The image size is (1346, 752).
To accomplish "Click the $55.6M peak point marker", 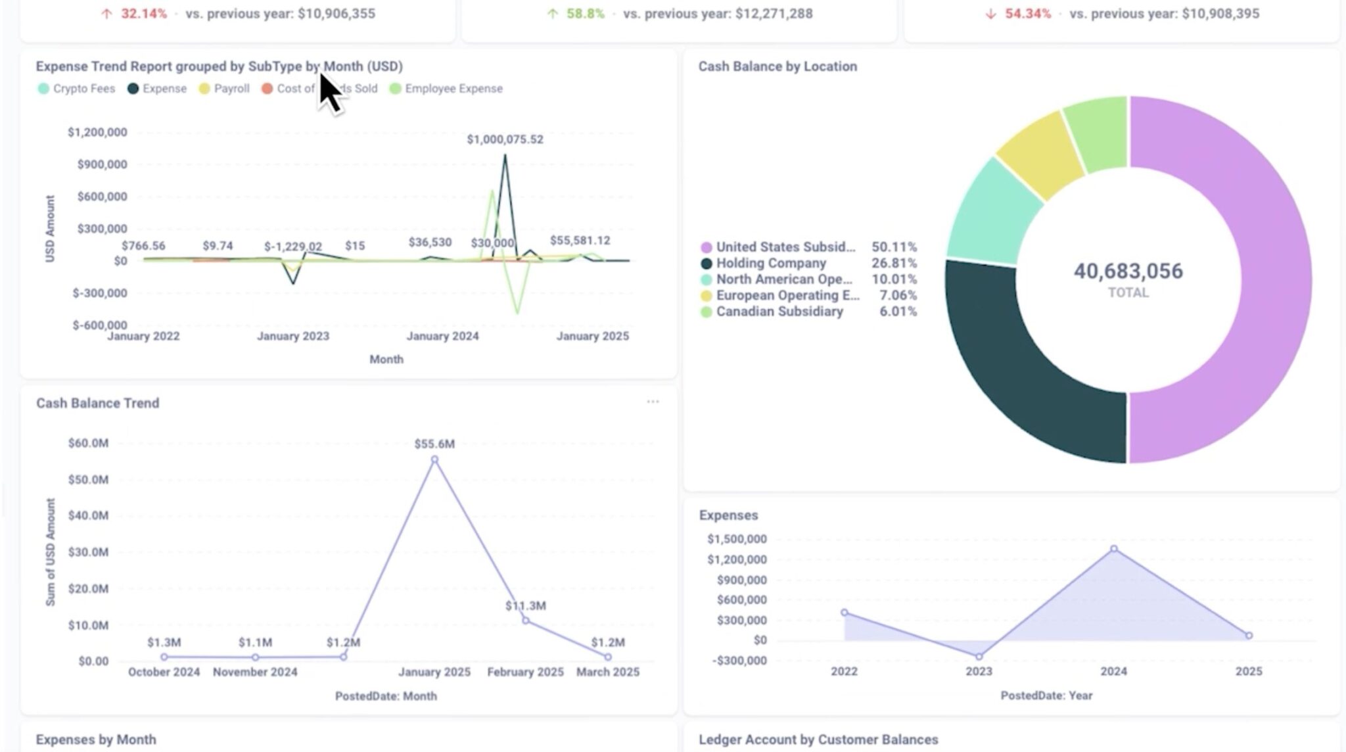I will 434,459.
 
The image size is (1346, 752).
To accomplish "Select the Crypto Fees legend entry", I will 77,89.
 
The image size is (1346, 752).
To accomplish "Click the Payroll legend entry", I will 224,89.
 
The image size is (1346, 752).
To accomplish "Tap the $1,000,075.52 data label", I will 505,139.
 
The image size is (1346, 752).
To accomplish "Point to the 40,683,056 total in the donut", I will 1128,271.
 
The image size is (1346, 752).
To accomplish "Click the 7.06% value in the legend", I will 898,295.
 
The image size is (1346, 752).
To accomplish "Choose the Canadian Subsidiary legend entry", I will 779,312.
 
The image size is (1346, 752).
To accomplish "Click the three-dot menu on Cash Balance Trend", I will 653,402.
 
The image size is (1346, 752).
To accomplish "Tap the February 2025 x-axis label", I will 525,672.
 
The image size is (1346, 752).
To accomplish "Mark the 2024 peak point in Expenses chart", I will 1113,548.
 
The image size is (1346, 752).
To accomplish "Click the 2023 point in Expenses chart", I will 979,656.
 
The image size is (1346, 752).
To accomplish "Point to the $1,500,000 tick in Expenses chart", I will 737,539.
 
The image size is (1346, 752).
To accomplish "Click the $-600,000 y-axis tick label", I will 100,325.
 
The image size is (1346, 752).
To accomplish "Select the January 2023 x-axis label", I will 293,336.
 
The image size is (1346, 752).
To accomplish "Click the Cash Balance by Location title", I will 777,66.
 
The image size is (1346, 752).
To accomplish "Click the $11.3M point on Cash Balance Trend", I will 525,620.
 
